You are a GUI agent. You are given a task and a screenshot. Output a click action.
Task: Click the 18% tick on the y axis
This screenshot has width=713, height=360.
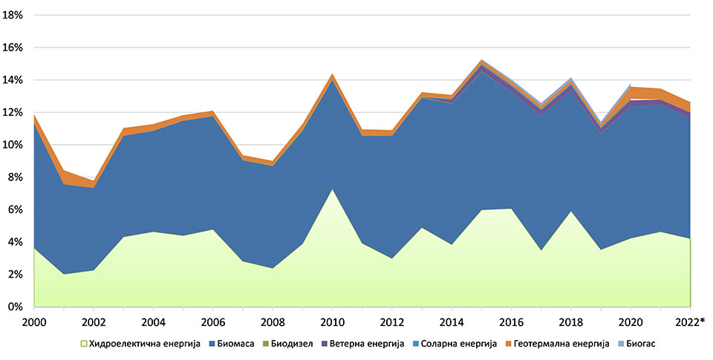(x=14, y=15)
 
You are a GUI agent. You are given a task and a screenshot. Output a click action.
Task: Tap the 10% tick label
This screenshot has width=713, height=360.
(x=14, y=145)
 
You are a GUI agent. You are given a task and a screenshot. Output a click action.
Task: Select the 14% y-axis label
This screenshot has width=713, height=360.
(x=14, y=79)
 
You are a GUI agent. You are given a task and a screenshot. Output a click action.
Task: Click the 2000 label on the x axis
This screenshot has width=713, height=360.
(x=34, y=322)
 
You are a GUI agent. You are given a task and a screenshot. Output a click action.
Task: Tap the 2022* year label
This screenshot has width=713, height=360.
(x=691, y=322)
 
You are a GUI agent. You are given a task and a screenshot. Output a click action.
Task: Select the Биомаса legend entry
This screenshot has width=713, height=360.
(x=238, y=344)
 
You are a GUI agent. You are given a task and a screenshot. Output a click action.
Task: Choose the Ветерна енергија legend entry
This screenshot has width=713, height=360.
(x=378, y=344)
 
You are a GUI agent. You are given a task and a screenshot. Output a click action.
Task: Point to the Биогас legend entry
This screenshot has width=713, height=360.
(x=642, y=344)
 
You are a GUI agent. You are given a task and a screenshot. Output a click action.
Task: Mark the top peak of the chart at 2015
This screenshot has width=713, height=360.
(x=481, y=59)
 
